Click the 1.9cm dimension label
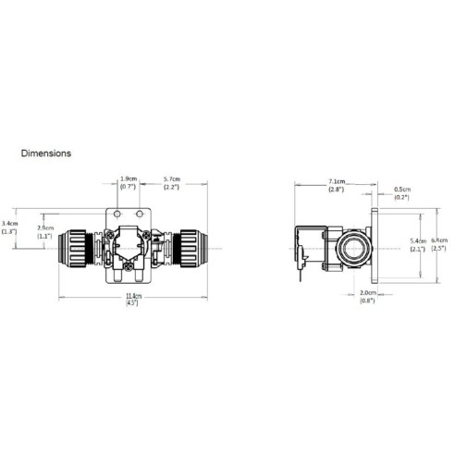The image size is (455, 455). tap(128, 179)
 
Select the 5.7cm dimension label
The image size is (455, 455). tap(172, 179)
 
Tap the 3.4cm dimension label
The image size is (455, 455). tap(10, 223)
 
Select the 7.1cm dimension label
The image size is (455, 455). tap(337, 182)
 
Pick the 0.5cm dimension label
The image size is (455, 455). tap(401, 187)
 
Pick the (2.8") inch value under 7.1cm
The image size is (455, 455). tap(337, 190)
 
